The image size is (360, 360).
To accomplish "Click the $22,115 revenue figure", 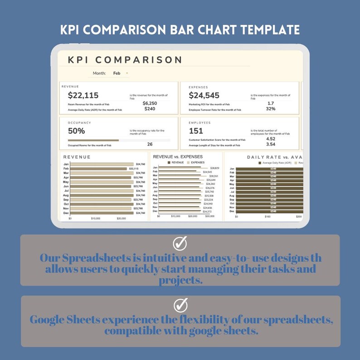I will point(83,95).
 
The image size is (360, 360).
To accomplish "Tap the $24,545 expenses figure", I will point(204,95).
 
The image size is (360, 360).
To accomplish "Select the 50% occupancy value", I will point(76,131).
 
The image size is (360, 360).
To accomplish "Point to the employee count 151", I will point(196,131).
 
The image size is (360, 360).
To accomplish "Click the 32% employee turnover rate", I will point(271,109).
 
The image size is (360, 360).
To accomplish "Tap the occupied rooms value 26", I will point(150,144).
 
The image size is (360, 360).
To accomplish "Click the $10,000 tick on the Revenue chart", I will point(96,218).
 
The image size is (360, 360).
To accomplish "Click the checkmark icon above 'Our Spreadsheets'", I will point(180,243).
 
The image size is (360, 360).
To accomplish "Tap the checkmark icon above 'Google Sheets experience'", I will point(180,304).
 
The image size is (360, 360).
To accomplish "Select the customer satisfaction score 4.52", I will point(271,139).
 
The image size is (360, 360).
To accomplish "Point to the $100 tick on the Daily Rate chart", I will point(268,217).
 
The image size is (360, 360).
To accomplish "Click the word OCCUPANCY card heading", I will point(79,123).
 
